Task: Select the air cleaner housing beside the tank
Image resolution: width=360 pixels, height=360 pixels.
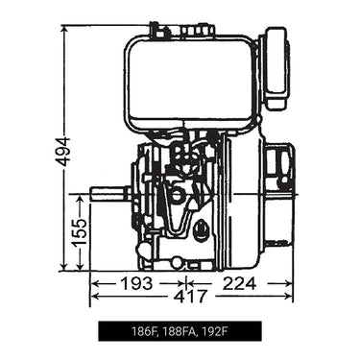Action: [276, 67]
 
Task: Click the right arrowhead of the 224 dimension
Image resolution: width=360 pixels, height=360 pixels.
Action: [289, 284]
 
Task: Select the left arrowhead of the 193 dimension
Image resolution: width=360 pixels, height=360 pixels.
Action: [94, 284]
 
